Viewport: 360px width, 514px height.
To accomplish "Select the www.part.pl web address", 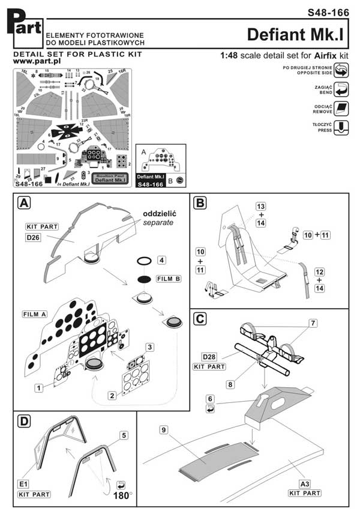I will point(31,61).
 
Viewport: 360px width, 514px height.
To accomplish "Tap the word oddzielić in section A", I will point(160,214).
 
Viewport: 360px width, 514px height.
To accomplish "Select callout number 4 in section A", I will point(161,260).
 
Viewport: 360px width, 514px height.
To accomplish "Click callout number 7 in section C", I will point(311,324).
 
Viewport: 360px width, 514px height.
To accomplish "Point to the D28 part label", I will point(209,357).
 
